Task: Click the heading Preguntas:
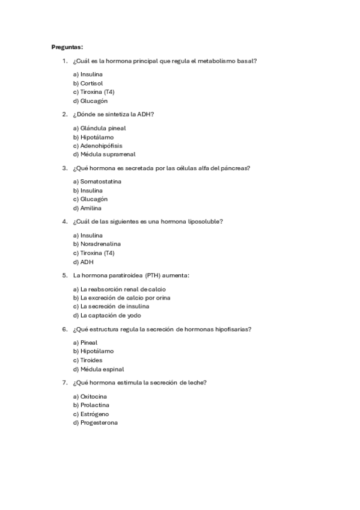click(67, 46)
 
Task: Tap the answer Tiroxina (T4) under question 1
click(93, 92)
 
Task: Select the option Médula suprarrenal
click(100, 155)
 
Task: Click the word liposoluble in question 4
click(204, 221)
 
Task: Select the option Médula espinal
click(98, 369)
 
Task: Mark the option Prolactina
click(91, 405)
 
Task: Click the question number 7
click(64, 382)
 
